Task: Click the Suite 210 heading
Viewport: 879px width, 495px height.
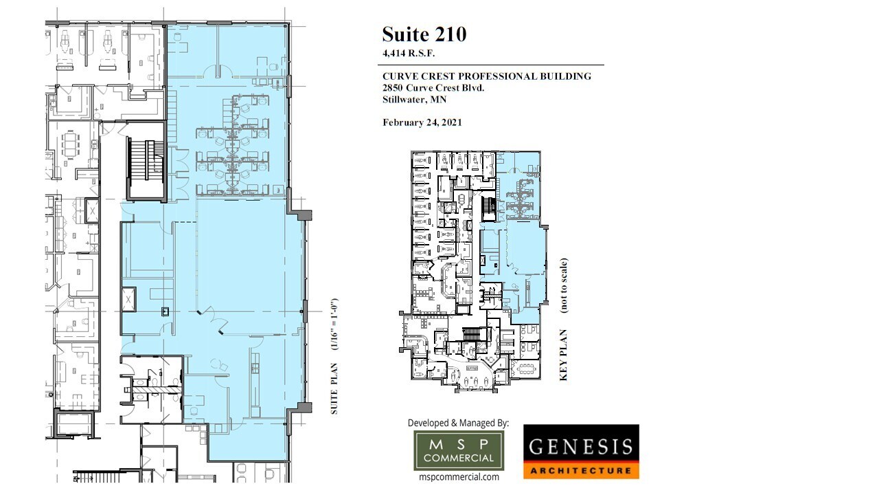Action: point(424,34)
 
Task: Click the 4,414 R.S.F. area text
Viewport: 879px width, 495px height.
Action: point(409,53)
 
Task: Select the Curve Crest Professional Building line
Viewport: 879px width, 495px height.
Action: point(486,76)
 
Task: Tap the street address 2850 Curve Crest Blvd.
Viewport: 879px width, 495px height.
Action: point(434,88)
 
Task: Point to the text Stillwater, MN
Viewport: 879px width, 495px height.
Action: point(414,100)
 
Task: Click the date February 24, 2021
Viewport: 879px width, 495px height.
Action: point(422,122)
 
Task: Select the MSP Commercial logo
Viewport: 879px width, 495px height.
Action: point(458,450)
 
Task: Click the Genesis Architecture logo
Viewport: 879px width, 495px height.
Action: point(581,451)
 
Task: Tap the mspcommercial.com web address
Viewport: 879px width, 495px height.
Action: point(458,476)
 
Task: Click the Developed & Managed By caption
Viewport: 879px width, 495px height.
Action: point(458,423)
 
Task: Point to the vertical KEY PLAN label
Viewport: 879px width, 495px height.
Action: point(564,357)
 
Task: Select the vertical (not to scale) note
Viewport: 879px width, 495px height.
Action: point(564,285)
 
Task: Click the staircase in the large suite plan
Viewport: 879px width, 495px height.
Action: point(146,168)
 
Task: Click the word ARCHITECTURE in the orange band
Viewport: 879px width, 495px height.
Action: point(581,471)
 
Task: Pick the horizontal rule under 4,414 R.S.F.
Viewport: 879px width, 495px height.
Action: point(492,65)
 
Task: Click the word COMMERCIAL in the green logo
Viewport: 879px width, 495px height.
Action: point(458,458)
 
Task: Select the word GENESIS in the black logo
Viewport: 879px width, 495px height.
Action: point(581,447)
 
